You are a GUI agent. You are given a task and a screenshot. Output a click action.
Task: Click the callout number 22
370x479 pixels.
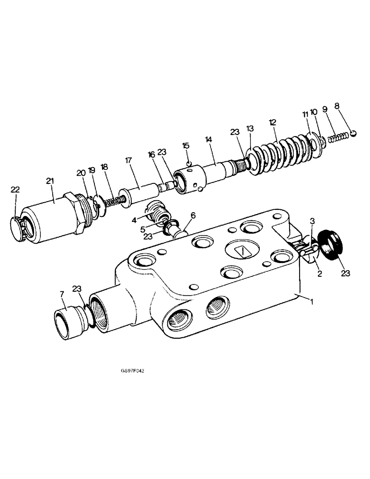point(15,190)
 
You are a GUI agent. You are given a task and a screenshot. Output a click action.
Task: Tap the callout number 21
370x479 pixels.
point(50,181)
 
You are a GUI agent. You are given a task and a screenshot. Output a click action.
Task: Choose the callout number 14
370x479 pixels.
point(208,139)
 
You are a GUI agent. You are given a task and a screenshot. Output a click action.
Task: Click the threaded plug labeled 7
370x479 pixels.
point(67,318)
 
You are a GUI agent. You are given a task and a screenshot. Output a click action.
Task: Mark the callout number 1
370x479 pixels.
point(312,302)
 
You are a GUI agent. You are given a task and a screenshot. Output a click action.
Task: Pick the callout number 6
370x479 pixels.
point(193,217)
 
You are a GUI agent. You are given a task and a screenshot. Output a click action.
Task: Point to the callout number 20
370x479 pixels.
point(80,172)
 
